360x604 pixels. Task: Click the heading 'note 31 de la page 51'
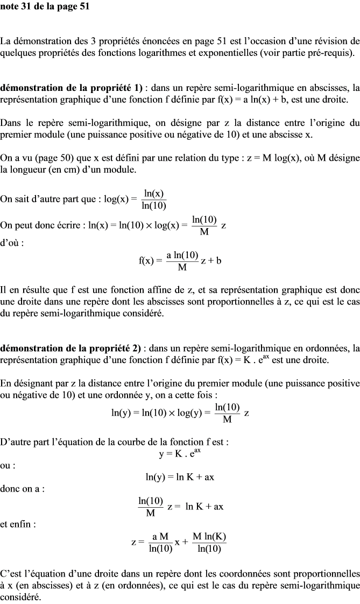tap(45, 6)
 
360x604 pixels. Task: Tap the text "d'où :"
tap(12, 242)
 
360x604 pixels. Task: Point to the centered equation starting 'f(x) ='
tap(180, 261)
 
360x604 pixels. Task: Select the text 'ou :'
tap(8, 465)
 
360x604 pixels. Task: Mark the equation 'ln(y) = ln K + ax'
tap(180, 477)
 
